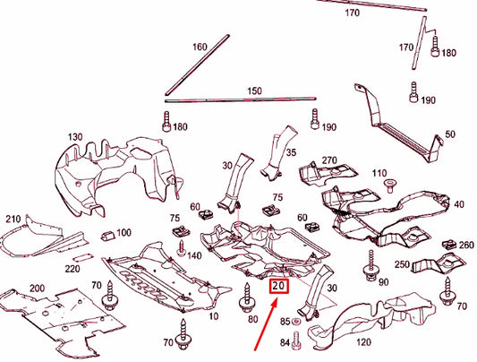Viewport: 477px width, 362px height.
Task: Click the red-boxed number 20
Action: [x=278, y=287]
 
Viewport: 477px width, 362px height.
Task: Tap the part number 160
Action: [x=199, y=47]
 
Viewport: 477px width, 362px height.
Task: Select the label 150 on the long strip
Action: [x=254, y=91]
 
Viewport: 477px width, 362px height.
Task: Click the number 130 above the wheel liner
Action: [x=74, y=137]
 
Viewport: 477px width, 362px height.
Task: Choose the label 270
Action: [x=328, y=161]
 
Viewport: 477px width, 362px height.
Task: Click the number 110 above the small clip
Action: [x=379, y=173]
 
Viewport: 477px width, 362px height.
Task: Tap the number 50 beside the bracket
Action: [x=448, y=134]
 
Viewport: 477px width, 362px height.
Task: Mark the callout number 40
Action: [x=459, y=204]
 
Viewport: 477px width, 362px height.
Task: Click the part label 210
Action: [x=13, y=220]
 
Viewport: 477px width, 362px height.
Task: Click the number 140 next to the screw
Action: [x=194, y=254]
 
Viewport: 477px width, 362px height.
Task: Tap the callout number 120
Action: [x=364, y=342]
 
